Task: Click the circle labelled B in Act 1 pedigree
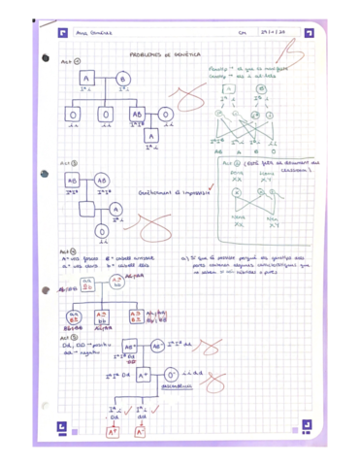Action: click(123, 79)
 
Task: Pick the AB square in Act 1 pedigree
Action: click(137, 114)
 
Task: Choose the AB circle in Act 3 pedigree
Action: click(102, 182)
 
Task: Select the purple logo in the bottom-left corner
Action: click(61, 424)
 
